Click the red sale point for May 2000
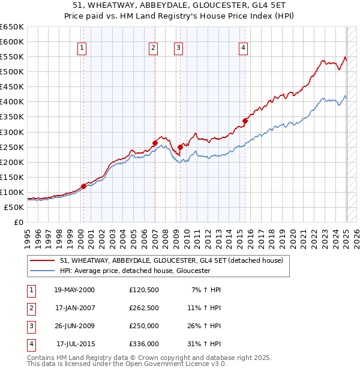84,186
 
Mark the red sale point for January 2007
155,143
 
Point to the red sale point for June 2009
181,146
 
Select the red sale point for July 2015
245,121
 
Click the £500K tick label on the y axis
12,71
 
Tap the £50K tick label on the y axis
14,207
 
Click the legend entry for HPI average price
135,271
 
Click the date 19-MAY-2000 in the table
74,290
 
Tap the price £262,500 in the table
144,308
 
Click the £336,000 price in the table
144,344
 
